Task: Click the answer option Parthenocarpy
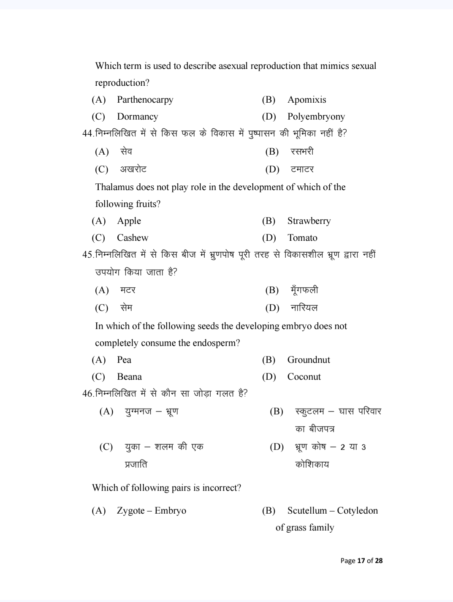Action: pyautogui.click(x=145, y=100)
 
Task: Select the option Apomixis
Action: pyautogui.click(x=307, y=100)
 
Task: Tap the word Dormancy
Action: pyautogui.click(x=137, y=117)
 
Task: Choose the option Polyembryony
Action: pyautogui.click(x=316, y=117)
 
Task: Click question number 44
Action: pyautogui.click(x=87, y=133)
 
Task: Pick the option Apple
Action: pyautogui.click(x=129, y=221)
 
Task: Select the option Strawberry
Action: pyautogui.click(x=309, y=221)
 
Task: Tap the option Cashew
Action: pyautogui.click(x=133, y=238)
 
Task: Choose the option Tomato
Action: pyautogui.click(x=302, y=238)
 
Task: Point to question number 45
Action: pyautogui.click(x=87, y=255)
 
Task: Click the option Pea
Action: pyautogui.click(x=124, y=360)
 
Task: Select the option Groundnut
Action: pyautogui.click(x=308, y=360)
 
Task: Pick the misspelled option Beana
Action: pyautogui.click(x=129, y=377)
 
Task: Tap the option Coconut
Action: pyautogui.click(x=304, y=377)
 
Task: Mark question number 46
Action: pyautogui.click(x=87, y=394)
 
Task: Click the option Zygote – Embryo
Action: pyautogui.click(x=151, y=511)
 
